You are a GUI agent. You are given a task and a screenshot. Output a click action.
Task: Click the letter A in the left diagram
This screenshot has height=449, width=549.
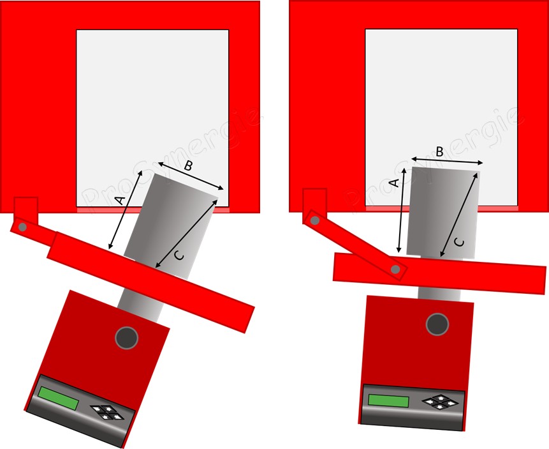coord(120,201)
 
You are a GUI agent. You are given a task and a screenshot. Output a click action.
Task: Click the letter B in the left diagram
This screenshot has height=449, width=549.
coord(188,165)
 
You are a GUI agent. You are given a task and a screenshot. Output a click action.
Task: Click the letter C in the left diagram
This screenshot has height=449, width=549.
coord(179,256)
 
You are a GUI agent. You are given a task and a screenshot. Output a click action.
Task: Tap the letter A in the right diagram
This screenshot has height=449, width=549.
coord(394,183)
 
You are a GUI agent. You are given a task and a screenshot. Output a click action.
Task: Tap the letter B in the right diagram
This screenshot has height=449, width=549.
coord(439,151)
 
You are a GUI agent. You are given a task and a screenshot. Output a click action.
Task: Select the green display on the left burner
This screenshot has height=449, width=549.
coord(59,398)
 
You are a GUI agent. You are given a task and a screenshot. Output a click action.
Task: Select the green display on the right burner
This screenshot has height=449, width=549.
coord(388,400)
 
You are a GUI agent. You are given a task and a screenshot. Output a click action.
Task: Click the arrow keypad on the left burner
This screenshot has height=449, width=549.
coord(107,412)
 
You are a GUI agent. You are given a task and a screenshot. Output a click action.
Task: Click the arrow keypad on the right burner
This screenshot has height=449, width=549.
coord(441,402)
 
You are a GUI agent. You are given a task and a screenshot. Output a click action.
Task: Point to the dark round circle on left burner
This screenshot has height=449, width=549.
coord(127,337)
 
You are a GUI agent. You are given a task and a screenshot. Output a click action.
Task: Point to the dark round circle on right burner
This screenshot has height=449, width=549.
coord(437,324)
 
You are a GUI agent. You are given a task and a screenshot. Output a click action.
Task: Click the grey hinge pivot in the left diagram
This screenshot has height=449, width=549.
coord(23,227)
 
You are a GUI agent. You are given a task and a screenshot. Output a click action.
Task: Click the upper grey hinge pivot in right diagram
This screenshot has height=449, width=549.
coord(315,220)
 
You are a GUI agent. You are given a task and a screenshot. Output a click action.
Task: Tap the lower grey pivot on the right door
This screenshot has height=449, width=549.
coord(395,270)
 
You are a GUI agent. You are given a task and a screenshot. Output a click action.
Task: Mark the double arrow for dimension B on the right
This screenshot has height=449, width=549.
coord(447,160)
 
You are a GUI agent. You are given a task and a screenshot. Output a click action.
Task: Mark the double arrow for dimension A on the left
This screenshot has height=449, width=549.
coord(126,209)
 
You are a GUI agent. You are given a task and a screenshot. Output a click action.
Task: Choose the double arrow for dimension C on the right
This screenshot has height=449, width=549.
coord(459,215)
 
